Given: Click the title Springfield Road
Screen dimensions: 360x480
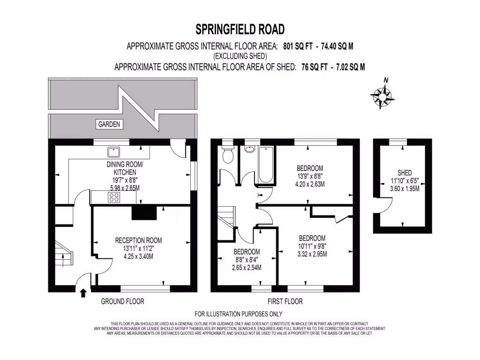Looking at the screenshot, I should pyautogui.click(x=240, y=30).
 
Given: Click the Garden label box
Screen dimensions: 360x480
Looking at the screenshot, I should pyautogui.click(x=109, y=125).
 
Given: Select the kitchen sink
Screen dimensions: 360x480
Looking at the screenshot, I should pyautogui.click(x=113, y=152).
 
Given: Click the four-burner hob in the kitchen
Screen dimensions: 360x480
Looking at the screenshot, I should pyautogui.click(x=113, y=197).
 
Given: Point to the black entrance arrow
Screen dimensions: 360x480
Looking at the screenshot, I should pyautogui.click(x=83, y=293).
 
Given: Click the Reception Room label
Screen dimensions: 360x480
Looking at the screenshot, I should pyautogui.click(x=139, y=240).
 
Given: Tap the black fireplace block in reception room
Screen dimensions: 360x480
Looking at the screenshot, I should pyautogui.click(x=144, y=213).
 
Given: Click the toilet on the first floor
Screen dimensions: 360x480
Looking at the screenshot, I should pyautogui.click(x=228, y=154).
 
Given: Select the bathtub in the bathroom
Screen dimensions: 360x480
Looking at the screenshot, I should pyautogui.click(x=266, y=165).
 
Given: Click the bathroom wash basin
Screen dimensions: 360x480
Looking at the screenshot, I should pyautogui.click(x=249, y=150).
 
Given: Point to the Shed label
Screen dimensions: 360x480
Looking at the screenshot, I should pyautogui.click(x=404, y=172).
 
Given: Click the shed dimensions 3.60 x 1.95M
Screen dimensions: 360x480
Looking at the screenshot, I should pyautogui.click(x=404, y=189).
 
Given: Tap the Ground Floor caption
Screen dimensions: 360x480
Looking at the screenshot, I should pyautogui.click(x=123, y=301).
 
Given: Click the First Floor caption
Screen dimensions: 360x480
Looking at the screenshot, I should pyautogui.click(x=285, y=301).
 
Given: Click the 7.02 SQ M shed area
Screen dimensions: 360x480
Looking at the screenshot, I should pyautogui.click(x=347, y=67).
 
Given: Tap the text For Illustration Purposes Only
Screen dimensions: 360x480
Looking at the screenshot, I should pyautogui.click(x=239, y=314).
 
